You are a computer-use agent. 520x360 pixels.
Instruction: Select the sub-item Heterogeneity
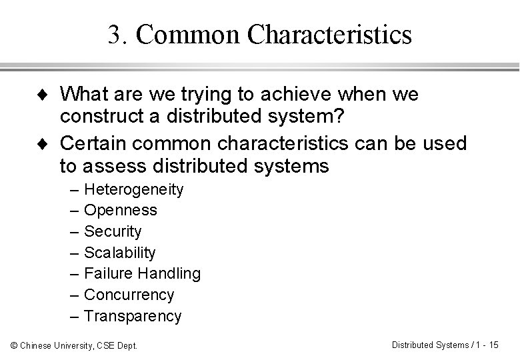(x=133, y=189)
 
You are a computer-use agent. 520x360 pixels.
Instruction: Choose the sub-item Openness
(x=121, y=211)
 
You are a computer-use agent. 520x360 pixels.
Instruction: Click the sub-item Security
(x=113, y=231)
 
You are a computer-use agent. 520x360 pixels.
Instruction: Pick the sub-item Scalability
(x=120, y=253)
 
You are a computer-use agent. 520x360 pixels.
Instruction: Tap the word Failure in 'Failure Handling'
(x=109, y=273)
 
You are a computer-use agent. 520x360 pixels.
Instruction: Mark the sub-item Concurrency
(x=129, y=295)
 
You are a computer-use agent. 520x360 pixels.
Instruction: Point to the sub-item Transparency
(x=133, y=316)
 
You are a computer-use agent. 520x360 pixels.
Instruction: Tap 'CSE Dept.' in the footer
(x=119, y=345)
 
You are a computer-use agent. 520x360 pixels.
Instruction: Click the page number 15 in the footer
(x=493, y=344)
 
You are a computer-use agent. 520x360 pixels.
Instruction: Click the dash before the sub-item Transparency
(x=75, y=316)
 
